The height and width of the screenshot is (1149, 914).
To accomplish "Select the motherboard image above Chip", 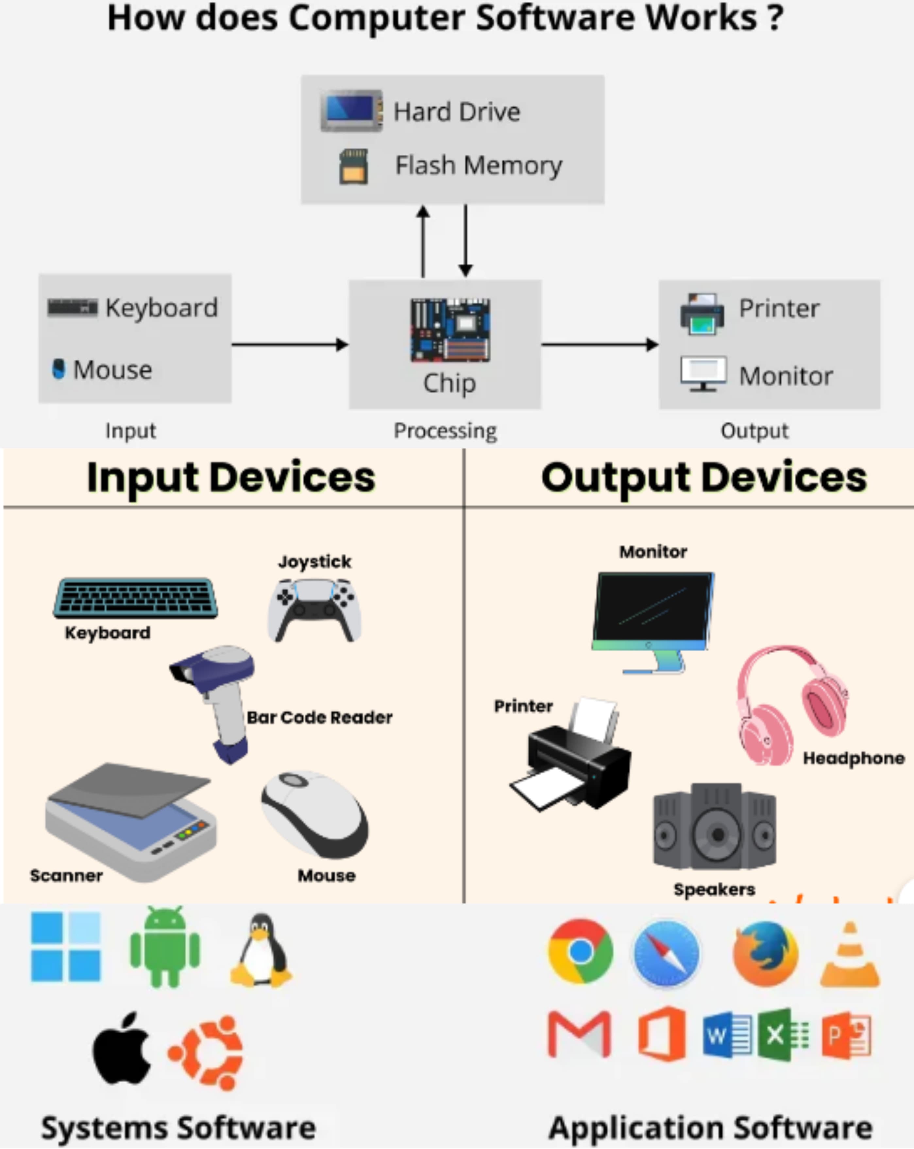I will coord(450,330).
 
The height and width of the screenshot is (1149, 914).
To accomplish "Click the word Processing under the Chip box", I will coord(445,431).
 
